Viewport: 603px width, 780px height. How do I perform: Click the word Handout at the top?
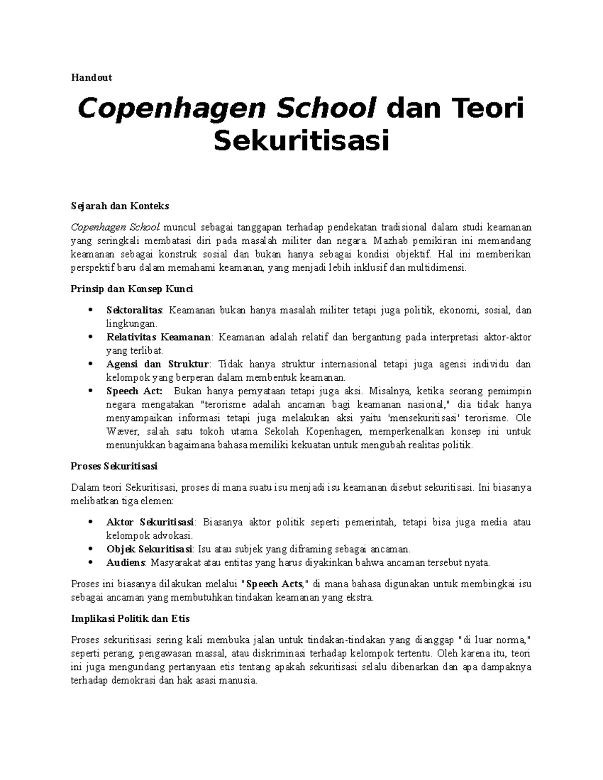pyautogui.click(x=91, y=77)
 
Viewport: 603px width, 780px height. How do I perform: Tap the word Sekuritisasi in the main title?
pyautogui.click(x=301, y=140)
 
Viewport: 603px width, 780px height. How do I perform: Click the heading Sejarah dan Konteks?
pyautogui.click(x=120, y=206)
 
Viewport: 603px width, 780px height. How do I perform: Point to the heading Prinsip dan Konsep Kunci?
pyautogui.click(x=132, y=289)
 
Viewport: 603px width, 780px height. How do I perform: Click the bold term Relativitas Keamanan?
pyautogui.click(x=159, y=337)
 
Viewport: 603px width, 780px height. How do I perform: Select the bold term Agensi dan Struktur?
pyautogui.click(x=157, y=364)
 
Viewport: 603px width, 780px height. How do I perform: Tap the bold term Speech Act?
pyautogui.click(x=134, y=391)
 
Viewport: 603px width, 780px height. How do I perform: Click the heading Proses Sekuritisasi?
pyautogui.click(x=114, y=466)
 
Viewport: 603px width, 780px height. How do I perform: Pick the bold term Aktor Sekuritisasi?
pyautogui.click(x=151, y=522)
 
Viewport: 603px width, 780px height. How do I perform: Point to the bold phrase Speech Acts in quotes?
pyautogui.click(x=274, y=584)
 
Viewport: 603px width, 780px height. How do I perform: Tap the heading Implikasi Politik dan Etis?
pyautogui.click(x=130, y=619)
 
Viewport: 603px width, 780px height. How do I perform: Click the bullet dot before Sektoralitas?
pyautogui.click(x=90, y=310)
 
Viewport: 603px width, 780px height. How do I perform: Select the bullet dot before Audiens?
pyautogui.click(x=90, y=563)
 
